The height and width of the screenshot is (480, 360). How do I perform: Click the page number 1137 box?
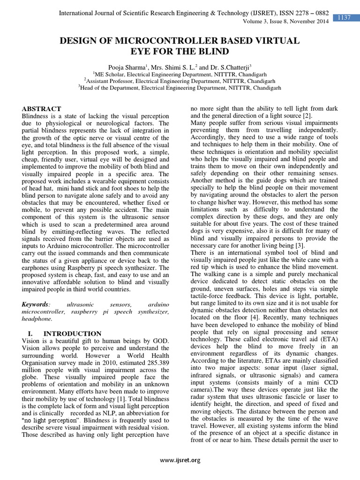[345, 18]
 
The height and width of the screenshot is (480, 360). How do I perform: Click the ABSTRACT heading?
[42, 108]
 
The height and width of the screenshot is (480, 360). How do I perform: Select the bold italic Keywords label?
[36, 304]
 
